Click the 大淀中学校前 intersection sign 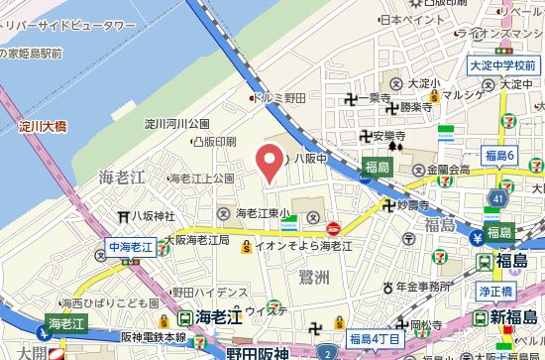(x=501, y=65)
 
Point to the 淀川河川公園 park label (x=178, y=125)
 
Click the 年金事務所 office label (x=437, y=286)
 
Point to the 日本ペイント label (x=413, y=20)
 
